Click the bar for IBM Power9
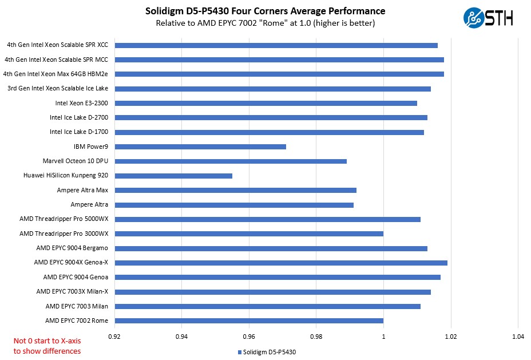(x=200, y=147)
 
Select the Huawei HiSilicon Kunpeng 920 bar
(x=173, y=176)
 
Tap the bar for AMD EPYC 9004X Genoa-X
(x=281, y=263)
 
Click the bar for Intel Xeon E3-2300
(x=265, y=103)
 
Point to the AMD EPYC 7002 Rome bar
(x=249, y=321)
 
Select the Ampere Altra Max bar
(x=235, y=190)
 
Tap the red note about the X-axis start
(x=47, y=346)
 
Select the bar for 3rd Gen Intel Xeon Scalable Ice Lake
(x=272, y=89)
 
